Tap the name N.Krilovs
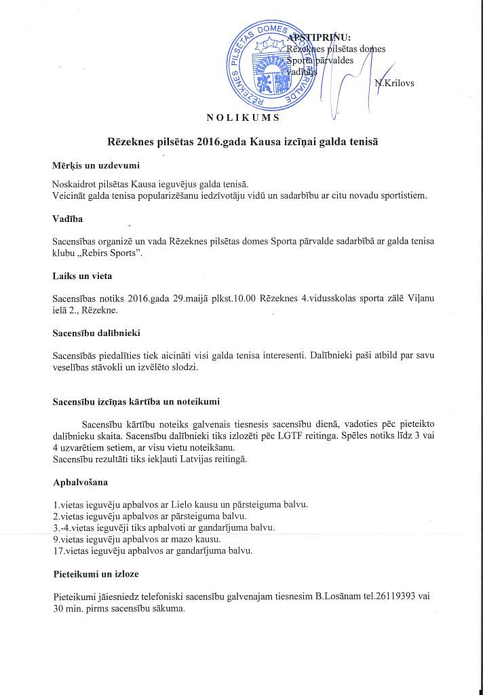coord(394,83)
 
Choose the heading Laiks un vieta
coord(82,276)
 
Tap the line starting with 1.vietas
coord(180,504)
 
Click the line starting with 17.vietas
coord(153,550)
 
